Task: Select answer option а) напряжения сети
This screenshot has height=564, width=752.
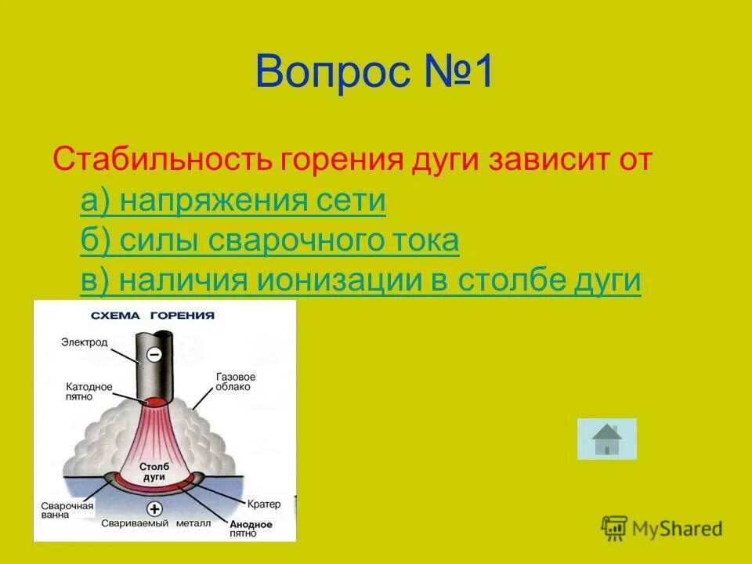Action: pos(233,201)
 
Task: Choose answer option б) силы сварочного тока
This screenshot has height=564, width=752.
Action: pos(269,241)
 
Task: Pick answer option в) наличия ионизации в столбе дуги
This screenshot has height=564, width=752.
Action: pos(360,280)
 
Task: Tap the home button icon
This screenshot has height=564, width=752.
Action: pos(607,439)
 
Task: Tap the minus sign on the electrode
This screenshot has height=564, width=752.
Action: pos(154,354)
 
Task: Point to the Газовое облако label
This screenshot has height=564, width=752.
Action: pos(235,382)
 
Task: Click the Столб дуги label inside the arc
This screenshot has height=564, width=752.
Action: pos(154,472)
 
